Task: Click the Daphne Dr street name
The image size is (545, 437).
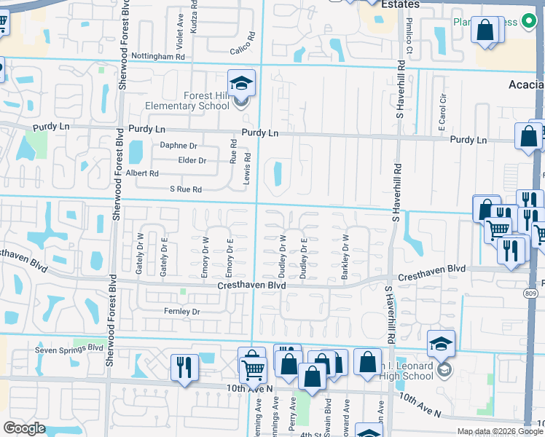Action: click(179, 146)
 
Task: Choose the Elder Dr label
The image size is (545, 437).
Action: click(192, 160)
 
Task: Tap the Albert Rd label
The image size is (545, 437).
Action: click(142, 173)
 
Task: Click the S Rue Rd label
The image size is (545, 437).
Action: click(185, 189)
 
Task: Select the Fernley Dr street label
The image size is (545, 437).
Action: click(181, 312)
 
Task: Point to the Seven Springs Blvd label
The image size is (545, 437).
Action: click(69, 349)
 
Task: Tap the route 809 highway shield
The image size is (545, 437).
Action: click(533, 294)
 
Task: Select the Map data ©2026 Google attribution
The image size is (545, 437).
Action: click(500, 431)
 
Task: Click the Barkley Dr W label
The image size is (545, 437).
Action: click(345, 259)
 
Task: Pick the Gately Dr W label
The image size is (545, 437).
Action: click(138, 259)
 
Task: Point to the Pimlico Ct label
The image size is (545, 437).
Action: click(409, 44)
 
